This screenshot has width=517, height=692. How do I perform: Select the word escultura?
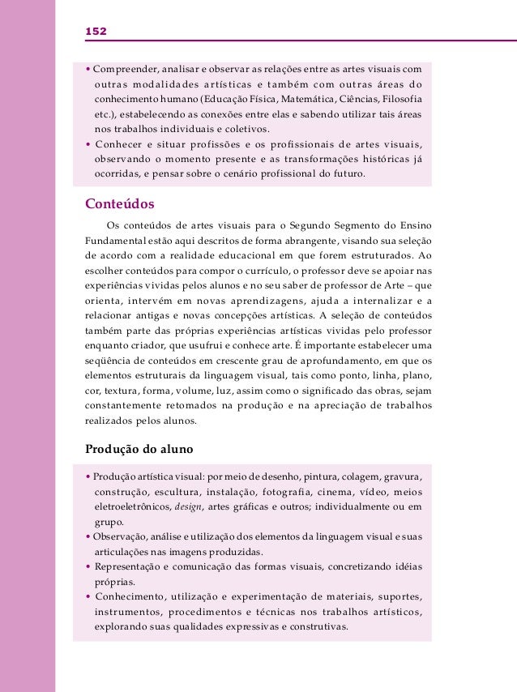coord(177,492)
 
